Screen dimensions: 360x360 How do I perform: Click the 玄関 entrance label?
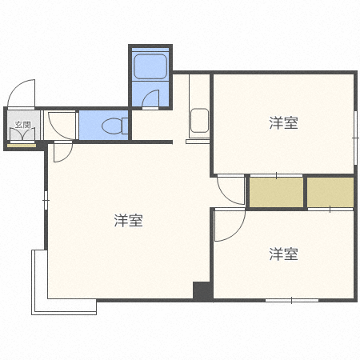(22, 125)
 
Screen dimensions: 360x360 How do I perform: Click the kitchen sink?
(199, 122)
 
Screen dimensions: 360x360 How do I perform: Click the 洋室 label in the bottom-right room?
(283, 254)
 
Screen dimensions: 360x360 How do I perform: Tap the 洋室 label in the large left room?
(128, 220)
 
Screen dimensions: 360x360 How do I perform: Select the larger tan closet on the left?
(276, 192)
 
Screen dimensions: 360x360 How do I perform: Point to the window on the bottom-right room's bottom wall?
(293, 300)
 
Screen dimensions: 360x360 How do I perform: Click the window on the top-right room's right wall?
(355, 128)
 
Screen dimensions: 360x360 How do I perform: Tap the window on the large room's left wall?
(46, 195)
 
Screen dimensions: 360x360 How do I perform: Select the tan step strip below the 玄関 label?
(22, 144)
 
